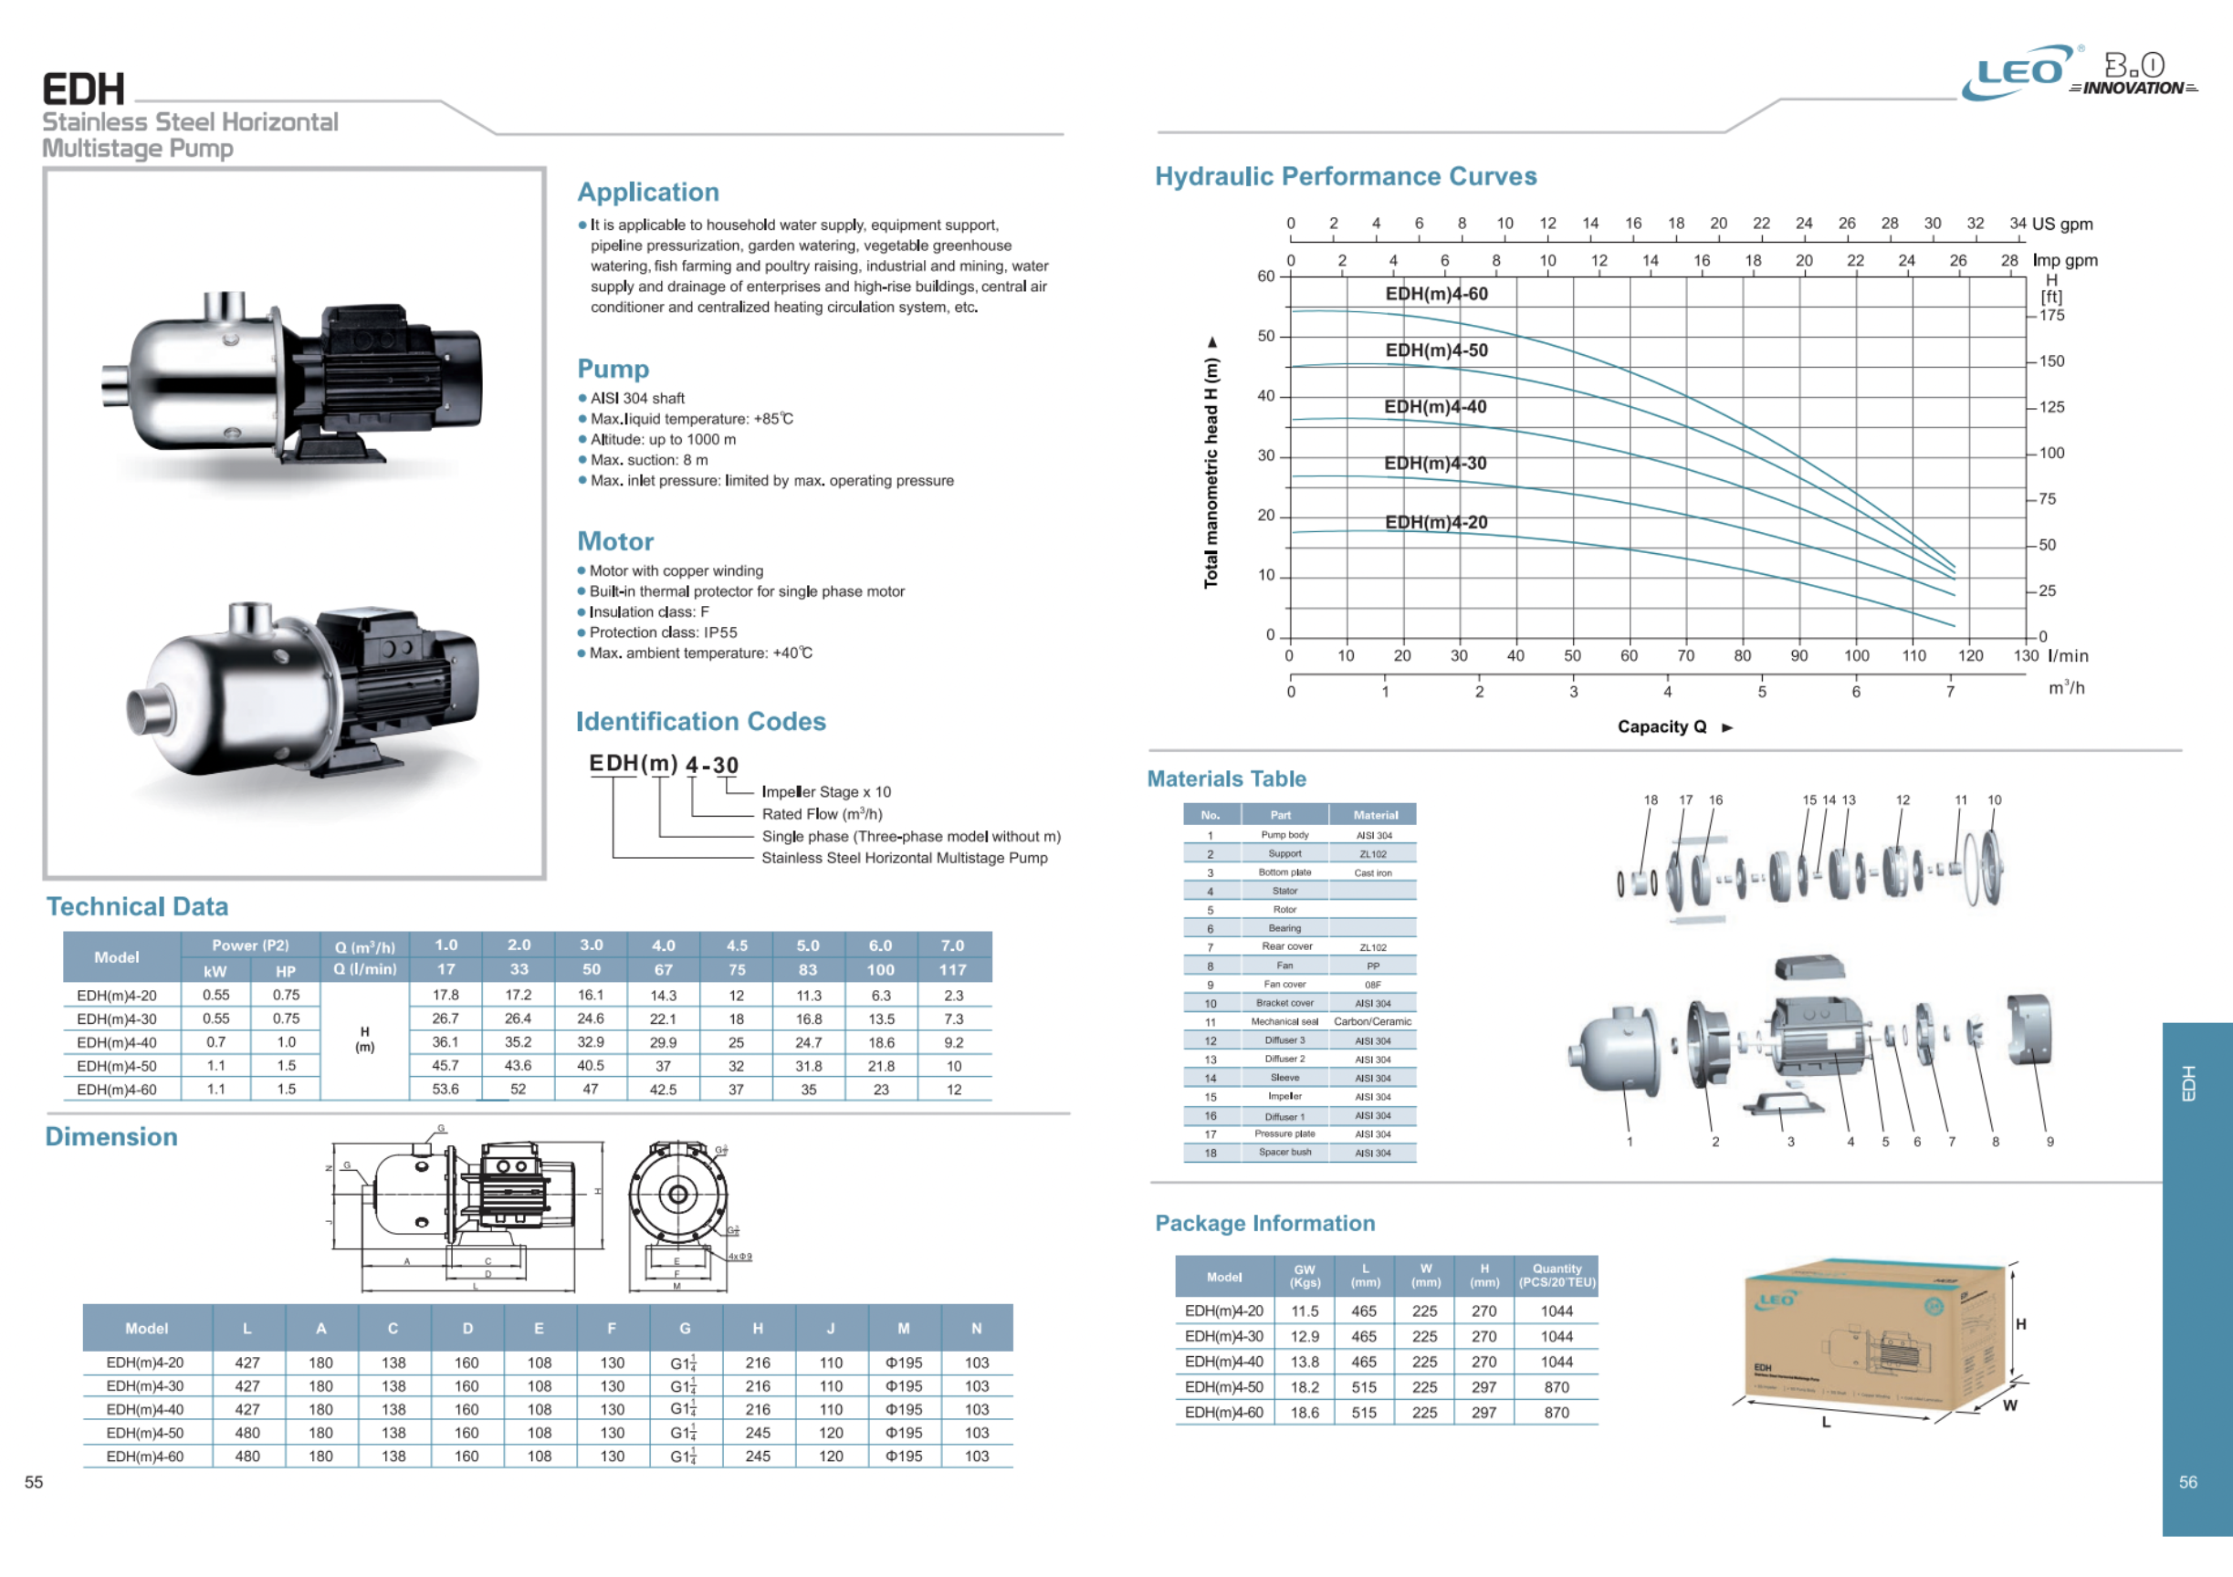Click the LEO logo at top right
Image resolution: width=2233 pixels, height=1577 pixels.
(2019, 73)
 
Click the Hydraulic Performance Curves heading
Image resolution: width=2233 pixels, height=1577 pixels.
(1345, 176)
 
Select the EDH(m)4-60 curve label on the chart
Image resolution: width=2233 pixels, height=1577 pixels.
(1436, 294)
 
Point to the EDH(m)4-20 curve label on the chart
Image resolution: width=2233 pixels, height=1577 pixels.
(1436, 522)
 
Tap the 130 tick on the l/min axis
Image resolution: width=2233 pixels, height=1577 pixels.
(2026, 655)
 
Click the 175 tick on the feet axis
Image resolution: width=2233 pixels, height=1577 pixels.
(2052, 315)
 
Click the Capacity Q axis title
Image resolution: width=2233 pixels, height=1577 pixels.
(1662, 726)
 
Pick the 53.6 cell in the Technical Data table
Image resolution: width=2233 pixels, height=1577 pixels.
(446, 1089)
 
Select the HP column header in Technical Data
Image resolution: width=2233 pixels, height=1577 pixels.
(285, 970)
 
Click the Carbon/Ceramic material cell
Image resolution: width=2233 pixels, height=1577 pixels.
(1372, 1022)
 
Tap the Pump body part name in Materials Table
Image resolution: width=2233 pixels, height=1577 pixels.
(1284, 835)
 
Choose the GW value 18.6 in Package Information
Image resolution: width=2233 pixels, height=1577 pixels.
(1305, 1413)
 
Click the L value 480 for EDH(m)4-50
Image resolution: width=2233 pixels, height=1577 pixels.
(247, 1433)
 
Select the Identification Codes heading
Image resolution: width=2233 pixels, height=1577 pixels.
(701, 721)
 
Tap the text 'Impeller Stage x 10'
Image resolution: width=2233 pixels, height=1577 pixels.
(825, 791)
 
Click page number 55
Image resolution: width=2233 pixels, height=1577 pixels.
(34, 1482)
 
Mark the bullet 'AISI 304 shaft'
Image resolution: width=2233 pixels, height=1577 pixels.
(637, 398)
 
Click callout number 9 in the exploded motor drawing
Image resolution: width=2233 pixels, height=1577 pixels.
(2050, 1142)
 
